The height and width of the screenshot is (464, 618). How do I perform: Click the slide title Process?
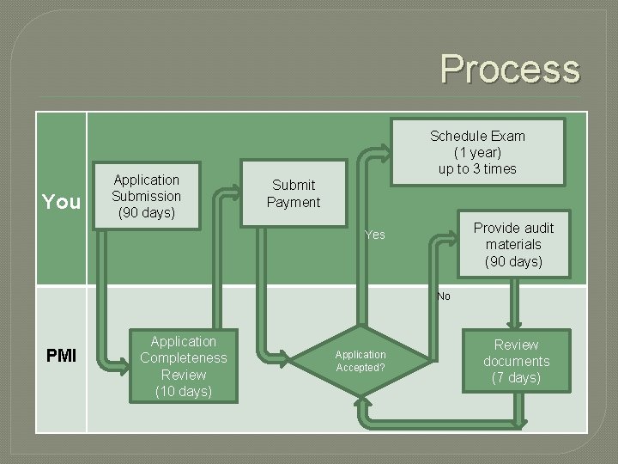510,68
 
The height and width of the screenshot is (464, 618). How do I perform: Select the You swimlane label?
61,202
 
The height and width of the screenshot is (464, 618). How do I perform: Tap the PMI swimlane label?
61,356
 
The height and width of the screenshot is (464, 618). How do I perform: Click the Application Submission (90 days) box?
147,196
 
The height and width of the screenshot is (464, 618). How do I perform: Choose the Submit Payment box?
294,193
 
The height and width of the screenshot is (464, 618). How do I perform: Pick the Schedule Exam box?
477,152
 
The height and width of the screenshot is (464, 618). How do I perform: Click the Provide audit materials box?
513,245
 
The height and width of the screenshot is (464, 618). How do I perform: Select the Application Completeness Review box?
183,367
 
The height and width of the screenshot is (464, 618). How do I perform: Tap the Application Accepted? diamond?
360,361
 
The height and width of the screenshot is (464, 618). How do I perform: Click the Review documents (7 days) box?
516,362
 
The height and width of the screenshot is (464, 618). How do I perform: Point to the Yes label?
375,235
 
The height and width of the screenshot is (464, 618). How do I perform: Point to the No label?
443,296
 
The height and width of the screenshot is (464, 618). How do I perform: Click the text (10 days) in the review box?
183,392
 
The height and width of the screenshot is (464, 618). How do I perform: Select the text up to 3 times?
477,168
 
